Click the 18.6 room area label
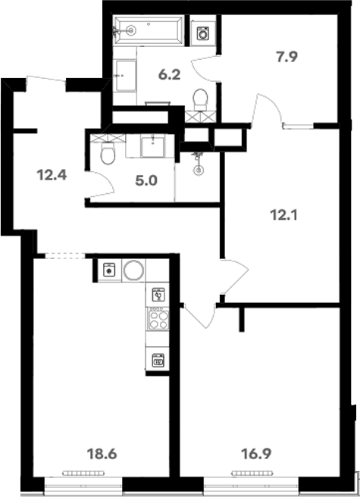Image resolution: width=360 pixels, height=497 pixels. (x=102, y=455)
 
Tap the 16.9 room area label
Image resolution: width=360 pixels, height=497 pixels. (x=256, y=455)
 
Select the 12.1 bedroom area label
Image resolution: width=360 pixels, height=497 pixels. (x=284, y=215)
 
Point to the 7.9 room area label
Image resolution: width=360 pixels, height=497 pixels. (x=286, y=58)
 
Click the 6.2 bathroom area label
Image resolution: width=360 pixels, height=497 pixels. (x=169, y=75)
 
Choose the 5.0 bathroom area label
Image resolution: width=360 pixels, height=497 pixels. (x=146, y=181)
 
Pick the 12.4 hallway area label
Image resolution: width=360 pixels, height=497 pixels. (x=52, y=175)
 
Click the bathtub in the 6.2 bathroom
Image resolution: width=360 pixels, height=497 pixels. (x=149, y=31)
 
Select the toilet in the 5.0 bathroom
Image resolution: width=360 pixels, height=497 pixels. (x=108, y=153)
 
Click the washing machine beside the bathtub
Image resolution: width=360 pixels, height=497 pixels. (x=202, y=33)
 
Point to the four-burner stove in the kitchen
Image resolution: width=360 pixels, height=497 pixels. (x=158, y=319)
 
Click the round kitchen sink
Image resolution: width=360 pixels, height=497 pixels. (x=133, y=270)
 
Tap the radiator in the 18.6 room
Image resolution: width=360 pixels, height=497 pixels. (x=83, y=474)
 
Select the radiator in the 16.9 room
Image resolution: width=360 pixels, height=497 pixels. (x=252, y=474)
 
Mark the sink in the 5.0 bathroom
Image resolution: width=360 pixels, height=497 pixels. (x=153, y=146)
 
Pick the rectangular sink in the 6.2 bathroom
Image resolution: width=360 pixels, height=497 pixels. (x=126, y=76)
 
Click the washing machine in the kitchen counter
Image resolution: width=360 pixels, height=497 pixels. (x=109, y=270)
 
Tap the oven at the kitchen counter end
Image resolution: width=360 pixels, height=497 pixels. (x=158, y=360)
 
